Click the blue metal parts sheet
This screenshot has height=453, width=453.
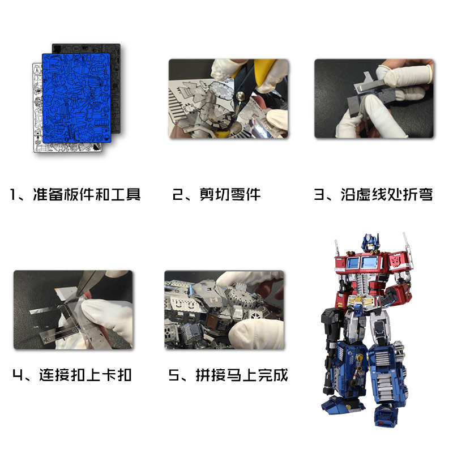click(76, 97)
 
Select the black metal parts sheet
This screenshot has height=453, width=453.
click(116, 87)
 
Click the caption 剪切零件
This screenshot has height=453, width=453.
click(230, 194)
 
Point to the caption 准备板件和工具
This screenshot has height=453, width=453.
click(87, 194)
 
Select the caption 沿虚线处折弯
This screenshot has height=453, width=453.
click(387, 194)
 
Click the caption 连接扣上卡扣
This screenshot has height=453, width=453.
click(86, 375)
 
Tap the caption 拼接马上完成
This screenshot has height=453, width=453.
click(242, 375)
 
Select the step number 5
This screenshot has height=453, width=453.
click(174, 375)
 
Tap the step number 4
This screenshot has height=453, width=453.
click(18, 375)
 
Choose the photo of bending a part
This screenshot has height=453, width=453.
click(374, 99)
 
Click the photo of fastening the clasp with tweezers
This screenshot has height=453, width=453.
click(73, 310)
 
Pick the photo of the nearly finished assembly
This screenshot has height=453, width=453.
click(224, 310)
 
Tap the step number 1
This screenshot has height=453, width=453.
click(12, 194)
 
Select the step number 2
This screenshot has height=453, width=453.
click(177, 194)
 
